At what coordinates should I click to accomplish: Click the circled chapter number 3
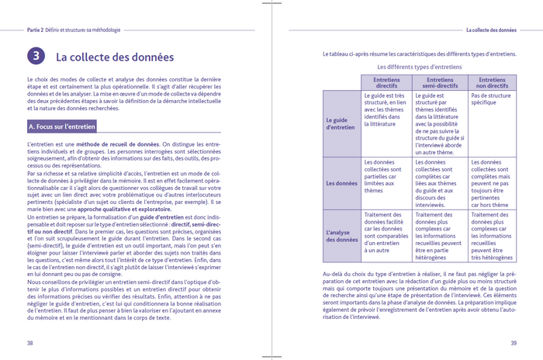36,56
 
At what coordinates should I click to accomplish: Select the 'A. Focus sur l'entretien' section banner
63,126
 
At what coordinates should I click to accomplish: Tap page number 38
29,342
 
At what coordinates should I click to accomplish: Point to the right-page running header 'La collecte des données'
490,30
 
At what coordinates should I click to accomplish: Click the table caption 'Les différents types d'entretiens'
420,67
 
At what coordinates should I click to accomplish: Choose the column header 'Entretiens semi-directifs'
440,82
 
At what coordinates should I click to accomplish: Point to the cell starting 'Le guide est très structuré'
386,109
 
